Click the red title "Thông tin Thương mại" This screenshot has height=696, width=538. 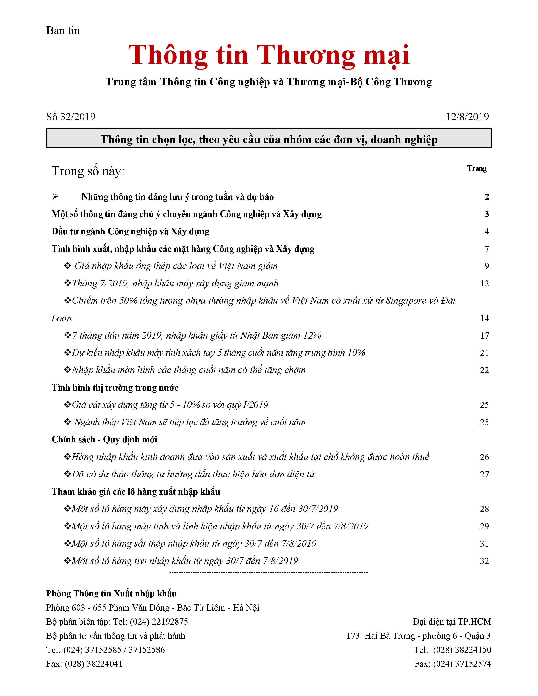coord(269,55)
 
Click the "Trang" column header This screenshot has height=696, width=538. coord(476,168)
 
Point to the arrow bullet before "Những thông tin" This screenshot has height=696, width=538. coord(55,197)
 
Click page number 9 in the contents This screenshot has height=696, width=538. coord(486,266)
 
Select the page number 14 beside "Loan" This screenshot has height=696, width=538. coord(484,318)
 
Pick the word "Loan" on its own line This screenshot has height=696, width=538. coord(62,318)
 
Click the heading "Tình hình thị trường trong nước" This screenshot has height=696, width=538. coord(115,387)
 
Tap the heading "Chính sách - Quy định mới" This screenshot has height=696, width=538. coord(104,440)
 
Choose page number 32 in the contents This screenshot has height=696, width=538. coord(484,561)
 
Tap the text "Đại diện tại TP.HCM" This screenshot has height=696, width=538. coord(452,621)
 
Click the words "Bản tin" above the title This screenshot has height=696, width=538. coord(63,31)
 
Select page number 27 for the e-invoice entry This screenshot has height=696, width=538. coord(484,474)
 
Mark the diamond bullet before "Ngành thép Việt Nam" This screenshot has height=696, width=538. coord(68,422)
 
